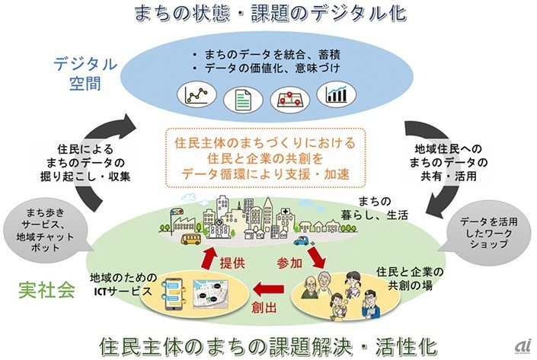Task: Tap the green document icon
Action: (243, 100)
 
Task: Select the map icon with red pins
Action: (289, 98)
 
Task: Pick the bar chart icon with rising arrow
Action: (337, 94)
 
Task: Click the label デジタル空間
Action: (85, 74)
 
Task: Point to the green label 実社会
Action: (46, 290)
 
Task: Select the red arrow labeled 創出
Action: (269, 289)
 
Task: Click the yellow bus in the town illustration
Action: (190, 239)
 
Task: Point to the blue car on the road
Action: (302, 241)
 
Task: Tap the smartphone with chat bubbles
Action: (174, 293)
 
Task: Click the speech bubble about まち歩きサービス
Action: (46, 230)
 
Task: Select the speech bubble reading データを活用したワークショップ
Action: (489, 233)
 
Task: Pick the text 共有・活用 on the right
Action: (449, 177)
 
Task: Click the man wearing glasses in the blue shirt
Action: (370, 304)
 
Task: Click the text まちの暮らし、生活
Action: (374, 208)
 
